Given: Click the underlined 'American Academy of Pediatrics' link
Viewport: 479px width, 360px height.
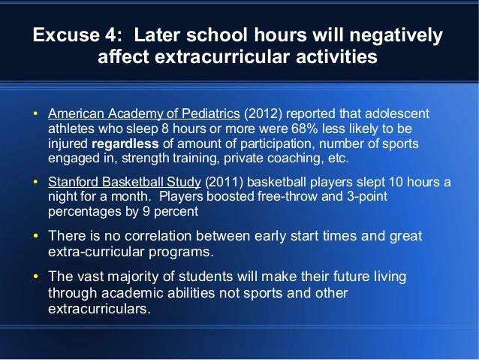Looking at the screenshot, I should click(x=143, y=114).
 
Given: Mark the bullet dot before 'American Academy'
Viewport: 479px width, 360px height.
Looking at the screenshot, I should click(x=35, y=115).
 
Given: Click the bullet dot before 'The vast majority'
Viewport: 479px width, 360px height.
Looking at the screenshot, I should click(x=35, y=277).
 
